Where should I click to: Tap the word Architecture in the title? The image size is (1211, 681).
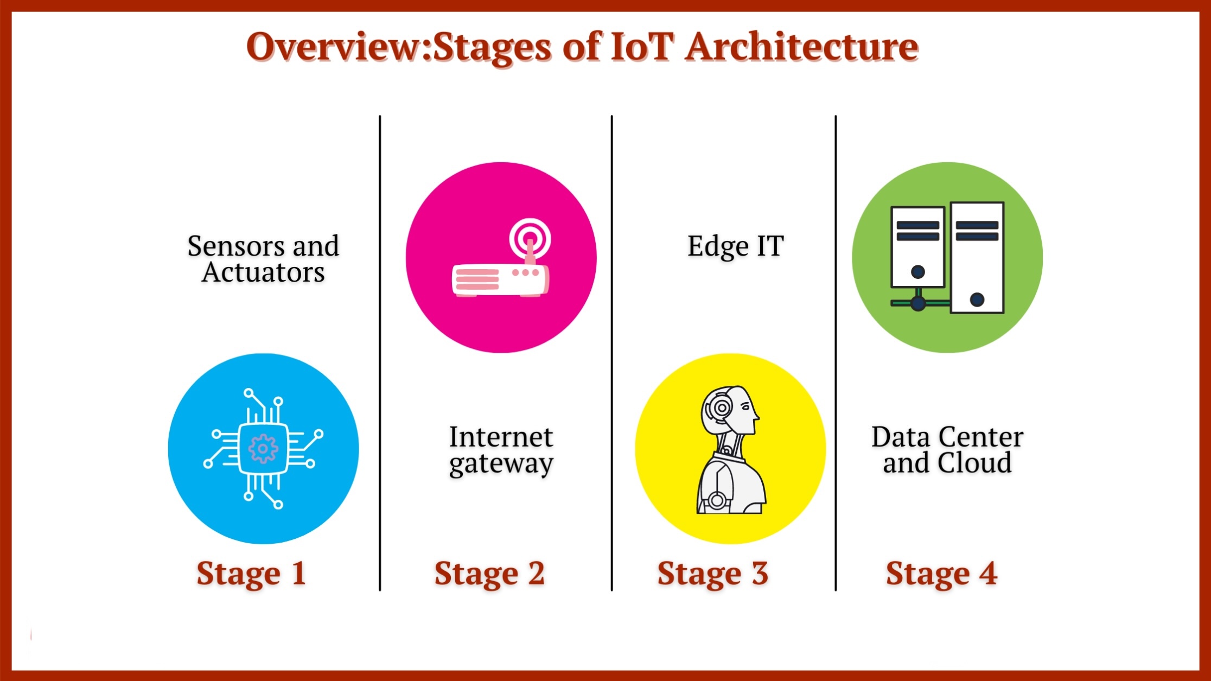pyautogui.click(x=802, y=47)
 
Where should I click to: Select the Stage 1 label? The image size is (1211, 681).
pyautogui.click(x=251, y=574)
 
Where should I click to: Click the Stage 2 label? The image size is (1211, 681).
pyautogui.click(x=489, y=574)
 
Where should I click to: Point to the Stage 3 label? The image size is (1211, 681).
pyautogui.click(x=713, y=574)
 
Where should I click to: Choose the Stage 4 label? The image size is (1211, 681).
pyautogui.click(x=942, y=574)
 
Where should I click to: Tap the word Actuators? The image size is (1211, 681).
pyautogui.click(x=264, y=272)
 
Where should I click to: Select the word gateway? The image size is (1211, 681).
pyautogui.click(x=501, y=464)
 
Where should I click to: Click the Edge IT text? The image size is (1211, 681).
pyautogui.click(x=736, y=246)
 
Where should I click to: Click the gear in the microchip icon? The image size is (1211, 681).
pyautogui.click(x=263, y=449)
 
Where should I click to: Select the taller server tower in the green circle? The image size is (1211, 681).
pyautogui.click(x=977, y=258)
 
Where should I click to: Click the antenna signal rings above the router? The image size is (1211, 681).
pyautogui.click(x=530, y=238)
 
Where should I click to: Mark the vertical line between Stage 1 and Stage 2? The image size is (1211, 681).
pyautogui.click(x=380, y=353)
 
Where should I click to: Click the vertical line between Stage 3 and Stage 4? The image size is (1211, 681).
pyautogui.click(x=836, y=353)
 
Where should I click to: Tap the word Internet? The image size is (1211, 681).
pyautogui.click(x=501, y=437)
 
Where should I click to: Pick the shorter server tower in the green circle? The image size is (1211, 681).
pyautogui.click(x=918, y=247)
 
